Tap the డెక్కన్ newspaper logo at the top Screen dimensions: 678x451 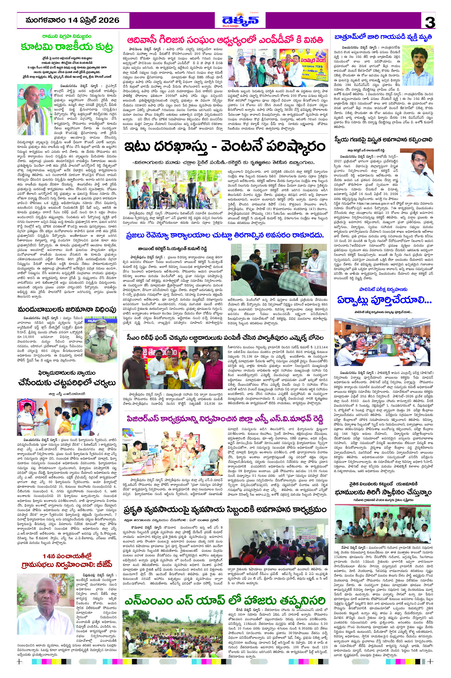pyautogui.click(x=240, y=20)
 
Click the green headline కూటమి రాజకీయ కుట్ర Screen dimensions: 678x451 pyautogui.click(x=67, y=47)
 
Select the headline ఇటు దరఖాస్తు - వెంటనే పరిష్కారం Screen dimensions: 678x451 pyautogui.click(x=225, y=147)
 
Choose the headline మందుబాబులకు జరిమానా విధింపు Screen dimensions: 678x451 pyautogui.click(x=67, y=310)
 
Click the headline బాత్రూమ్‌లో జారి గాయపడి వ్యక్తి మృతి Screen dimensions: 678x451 pyautogui.click(x=383, y=37)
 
